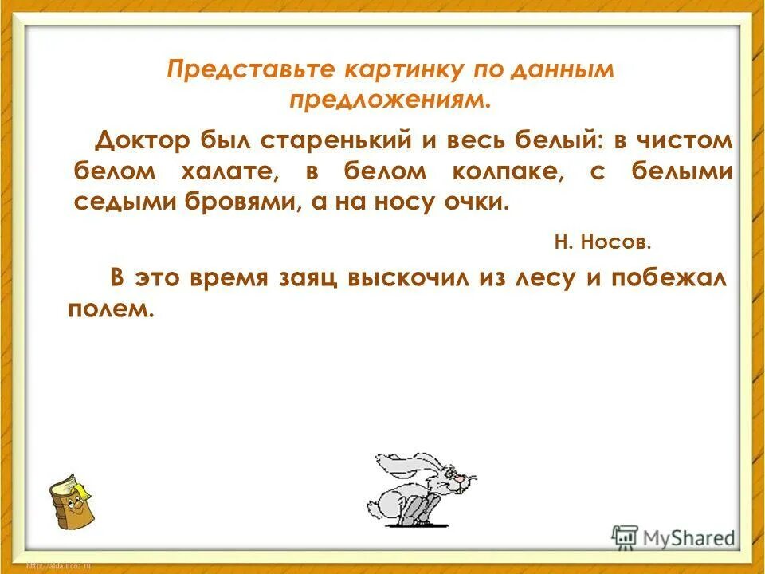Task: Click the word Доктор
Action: [143, 141]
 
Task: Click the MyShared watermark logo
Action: [674, 537]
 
